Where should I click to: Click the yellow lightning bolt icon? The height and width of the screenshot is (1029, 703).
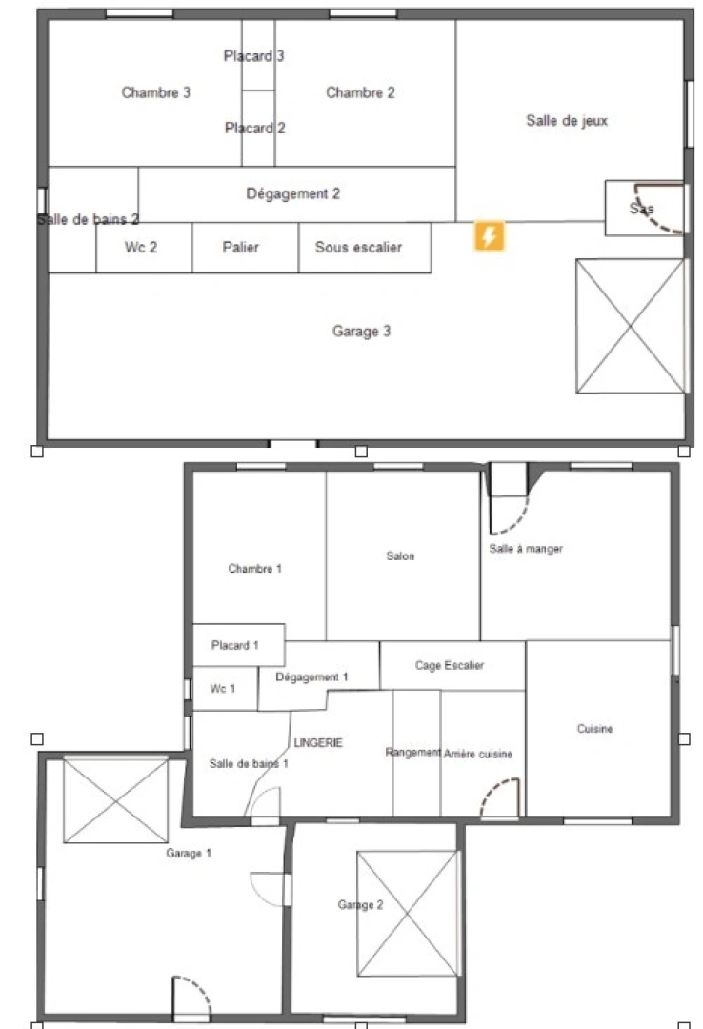(490, 236)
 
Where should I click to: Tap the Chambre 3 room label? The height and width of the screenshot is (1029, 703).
(156, 92)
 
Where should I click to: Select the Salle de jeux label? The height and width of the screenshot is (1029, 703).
(567, 121)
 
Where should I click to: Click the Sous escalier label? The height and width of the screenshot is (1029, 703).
(358, 248)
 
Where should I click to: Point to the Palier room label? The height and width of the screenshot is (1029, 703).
(241, 248)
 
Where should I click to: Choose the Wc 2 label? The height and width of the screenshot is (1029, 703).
(141, 248)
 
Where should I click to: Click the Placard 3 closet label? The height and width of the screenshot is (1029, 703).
(254, 56)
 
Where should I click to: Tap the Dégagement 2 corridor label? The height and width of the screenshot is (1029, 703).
(293, 193)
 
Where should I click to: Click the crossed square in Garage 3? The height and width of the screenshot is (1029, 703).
(631, 326)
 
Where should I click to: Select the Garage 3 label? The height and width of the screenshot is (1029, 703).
(361, 332)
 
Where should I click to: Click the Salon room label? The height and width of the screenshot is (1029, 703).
(400, 556)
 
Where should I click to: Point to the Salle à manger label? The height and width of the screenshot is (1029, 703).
(526, 549)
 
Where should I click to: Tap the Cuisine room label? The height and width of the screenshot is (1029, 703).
(595, 729)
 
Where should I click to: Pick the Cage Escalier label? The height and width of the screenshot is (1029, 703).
(450, 665)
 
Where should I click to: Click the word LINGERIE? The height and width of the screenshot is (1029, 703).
(318, 742)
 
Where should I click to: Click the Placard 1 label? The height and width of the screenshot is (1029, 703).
(235, 645)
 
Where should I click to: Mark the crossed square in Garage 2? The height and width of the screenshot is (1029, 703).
(408, 914)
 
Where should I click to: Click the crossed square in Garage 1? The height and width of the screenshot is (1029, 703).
(115, 800)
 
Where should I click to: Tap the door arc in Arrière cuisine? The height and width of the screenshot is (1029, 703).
(499, 798)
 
